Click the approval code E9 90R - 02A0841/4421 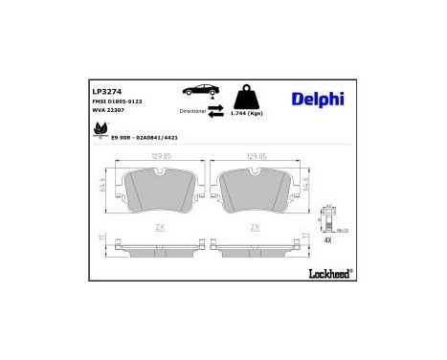[x=146, y=139]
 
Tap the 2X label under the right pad [x=256, y=227]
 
